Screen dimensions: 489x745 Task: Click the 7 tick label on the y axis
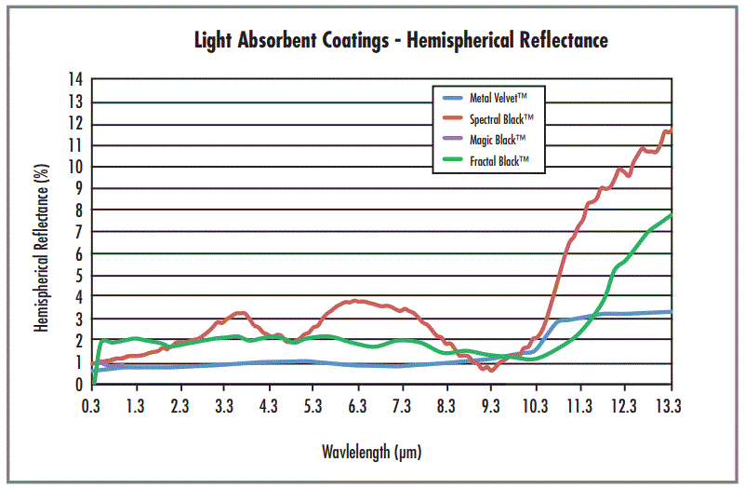click(x=78, y=232)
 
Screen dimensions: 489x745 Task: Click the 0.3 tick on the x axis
click(x=91, y=406)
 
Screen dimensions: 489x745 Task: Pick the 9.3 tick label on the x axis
click(x=491, y=406)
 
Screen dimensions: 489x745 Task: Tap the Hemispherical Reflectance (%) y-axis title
click(x=41, y=233)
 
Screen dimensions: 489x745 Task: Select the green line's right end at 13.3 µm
click(x=670, y=215)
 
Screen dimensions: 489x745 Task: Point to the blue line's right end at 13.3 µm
click(x=670, y=312)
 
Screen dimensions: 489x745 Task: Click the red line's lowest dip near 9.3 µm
click(x=491, y=370)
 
